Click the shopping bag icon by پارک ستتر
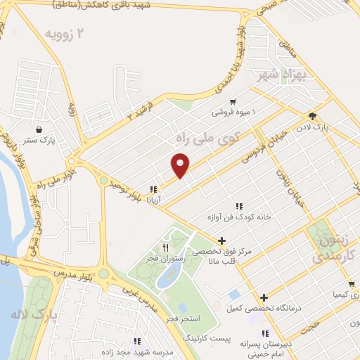37,130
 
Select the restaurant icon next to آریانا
153,189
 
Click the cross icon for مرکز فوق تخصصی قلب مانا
221,240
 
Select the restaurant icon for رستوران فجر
166,247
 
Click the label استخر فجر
181,320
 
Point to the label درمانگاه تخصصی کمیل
259,308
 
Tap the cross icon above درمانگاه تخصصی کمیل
264,298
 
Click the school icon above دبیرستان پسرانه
264,333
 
